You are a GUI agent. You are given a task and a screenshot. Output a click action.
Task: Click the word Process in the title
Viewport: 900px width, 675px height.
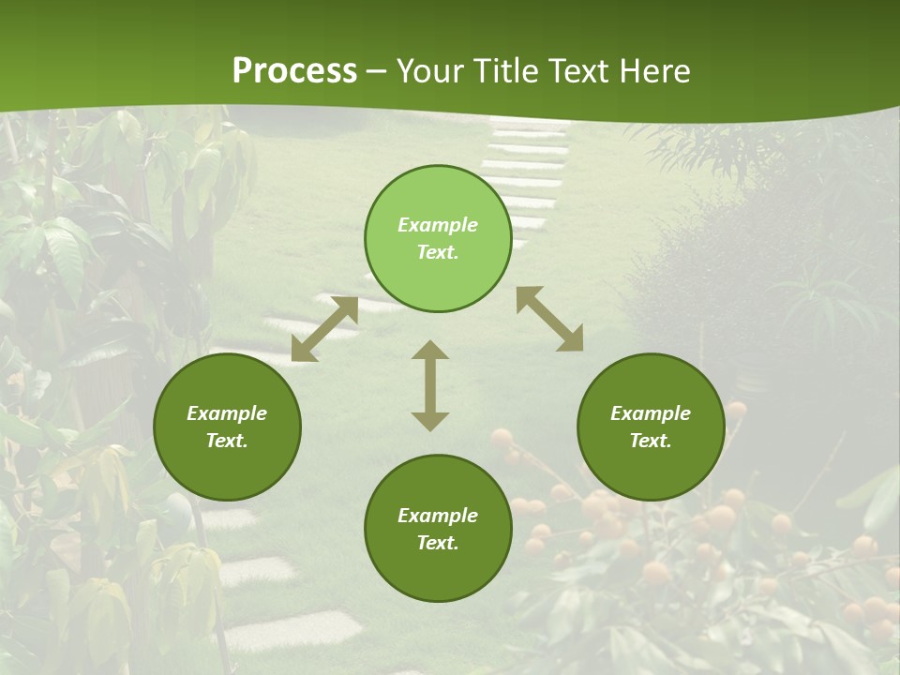pyautogui.click(x=294, y=71)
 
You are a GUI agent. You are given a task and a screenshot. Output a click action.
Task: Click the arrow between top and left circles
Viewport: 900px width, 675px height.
pyautogui.click(x=324, y=329)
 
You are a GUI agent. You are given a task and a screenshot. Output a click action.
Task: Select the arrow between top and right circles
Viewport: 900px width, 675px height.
pyautogui.click(x=549, y=319)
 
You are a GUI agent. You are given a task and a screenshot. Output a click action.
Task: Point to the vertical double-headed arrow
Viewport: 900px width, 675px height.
pyautogui.click(x=430, y=385)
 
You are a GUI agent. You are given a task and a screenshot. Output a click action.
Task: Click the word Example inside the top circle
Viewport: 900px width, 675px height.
pyautogui.click(x=438, y=225)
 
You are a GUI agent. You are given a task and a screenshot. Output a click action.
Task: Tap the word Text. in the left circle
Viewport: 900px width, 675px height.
pyautogui.click(x=227, y=441)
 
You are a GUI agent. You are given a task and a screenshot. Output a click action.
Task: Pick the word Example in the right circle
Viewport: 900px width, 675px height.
pyautogui.click(x=651, y=413)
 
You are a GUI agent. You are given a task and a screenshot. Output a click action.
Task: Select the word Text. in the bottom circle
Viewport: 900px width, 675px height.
pyautogui.click(x=438, y=543)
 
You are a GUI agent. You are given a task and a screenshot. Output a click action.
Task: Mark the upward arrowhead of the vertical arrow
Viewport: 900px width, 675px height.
pyautogui.click(x=430, y=350)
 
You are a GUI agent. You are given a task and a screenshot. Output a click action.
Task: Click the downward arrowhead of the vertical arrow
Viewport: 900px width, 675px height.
pyautogui.click(x=430, y=421)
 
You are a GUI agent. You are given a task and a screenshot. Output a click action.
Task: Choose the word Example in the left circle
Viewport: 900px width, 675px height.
pyautogui.click(x=227, y=413)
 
